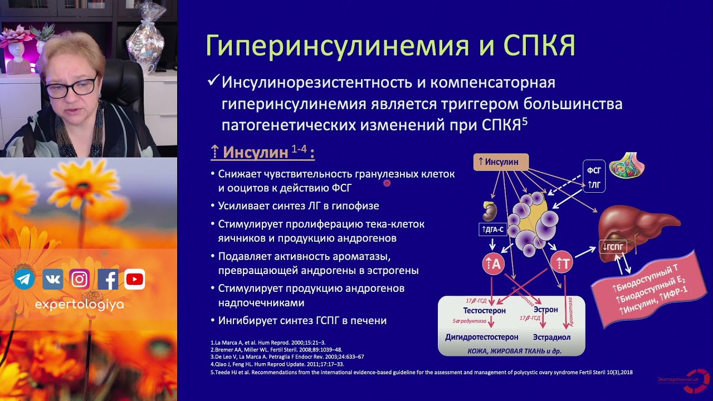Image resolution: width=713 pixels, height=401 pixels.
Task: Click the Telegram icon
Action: (24, 280)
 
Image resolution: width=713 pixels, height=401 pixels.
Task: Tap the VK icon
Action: (52, 280)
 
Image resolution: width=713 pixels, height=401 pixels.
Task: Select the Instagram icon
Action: (80, 280)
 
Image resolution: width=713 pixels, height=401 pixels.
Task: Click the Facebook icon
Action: (108, 280)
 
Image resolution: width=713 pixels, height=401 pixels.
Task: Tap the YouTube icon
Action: (135, 280)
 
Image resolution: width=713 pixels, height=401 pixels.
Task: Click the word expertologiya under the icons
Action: (79, 305)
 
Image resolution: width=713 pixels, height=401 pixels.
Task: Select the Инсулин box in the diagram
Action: (501, 162)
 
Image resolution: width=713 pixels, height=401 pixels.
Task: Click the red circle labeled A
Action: (494, 265)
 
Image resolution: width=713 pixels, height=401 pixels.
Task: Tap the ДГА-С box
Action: (492, 229)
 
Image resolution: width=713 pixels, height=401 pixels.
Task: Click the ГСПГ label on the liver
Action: (612, 247)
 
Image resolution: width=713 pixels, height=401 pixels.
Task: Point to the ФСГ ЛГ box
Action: (594, 176)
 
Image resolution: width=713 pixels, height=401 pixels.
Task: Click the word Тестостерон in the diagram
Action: (484, 310)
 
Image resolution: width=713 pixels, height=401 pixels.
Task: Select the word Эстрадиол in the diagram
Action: (551, 338)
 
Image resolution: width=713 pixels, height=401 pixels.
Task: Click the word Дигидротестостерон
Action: (481, 338)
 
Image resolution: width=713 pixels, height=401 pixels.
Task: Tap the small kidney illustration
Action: (489, 211)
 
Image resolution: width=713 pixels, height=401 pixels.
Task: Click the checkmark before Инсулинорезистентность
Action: (212, 82)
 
